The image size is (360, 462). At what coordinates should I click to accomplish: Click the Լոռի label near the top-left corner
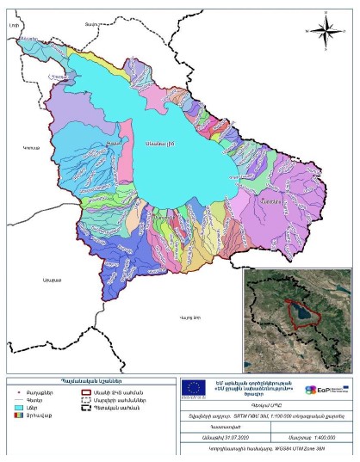(15, 28)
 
